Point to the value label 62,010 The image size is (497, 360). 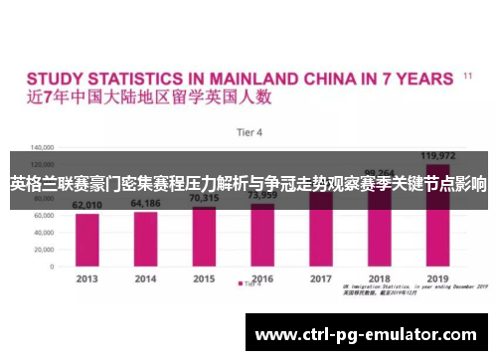tap(87, 205)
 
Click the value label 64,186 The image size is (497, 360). tap(145, 203)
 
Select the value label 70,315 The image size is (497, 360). tap(204, 198)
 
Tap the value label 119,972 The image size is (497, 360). tap(437, 155)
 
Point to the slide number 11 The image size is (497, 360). tap(467, 75)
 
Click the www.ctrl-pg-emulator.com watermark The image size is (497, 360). tap(367, 334)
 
